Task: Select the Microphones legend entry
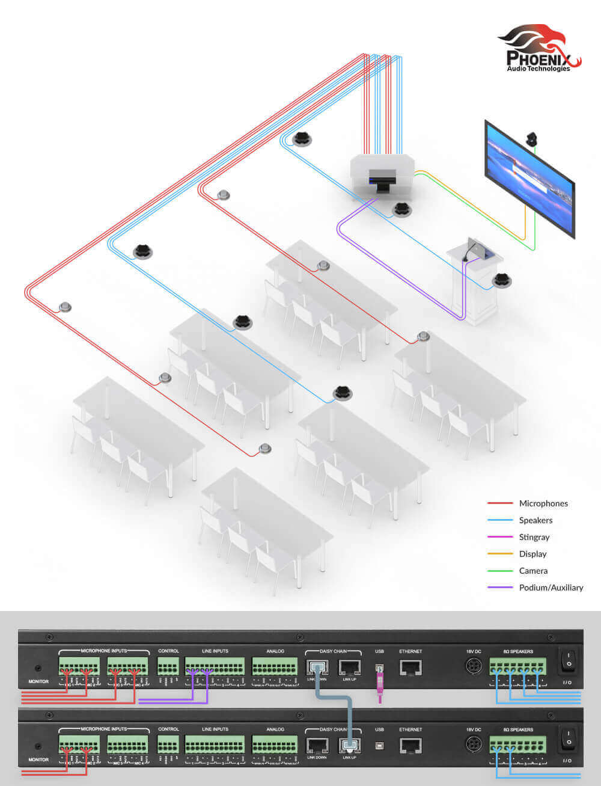point(543,503)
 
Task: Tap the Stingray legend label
point(534,537)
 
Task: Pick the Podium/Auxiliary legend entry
point(551,588)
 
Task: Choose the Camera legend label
point(533,571)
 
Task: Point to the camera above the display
point(532,138)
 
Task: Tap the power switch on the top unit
point(567,663)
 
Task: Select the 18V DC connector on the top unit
point(474,666)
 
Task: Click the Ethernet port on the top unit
point(410,667)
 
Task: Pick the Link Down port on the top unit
point(317,667)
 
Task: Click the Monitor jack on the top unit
point(38,668)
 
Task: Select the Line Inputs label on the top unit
point(215,651)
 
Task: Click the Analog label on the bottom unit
point(275,729)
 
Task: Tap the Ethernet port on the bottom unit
point(410,746)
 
